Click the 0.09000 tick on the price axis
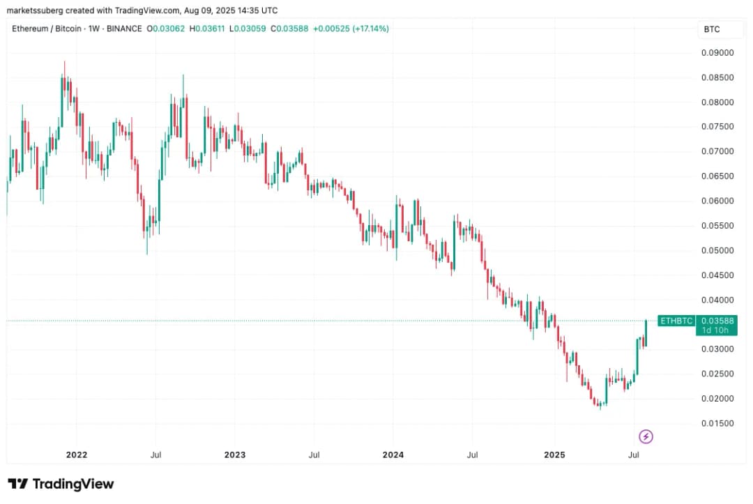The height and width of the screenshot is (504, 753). pos(717,52)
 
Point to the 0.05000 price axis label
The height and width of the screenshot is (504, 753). pos(717,250)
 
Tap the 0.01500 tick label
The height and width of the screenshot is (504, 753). pos(717,423)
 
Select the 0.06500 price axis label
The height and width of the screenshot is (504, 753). pos(717,176)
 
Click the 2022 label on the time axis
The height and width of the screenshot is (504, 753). pos(76,455)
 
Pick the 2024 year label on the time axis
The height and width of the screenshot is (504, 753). pos(393,455)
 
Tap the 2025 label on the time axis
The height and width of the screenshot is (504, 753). pos(554,455)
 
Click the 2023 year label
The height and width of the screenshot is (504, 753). pos(235,455)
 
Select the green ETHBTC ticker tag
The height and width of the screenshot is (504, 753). pos(676,321)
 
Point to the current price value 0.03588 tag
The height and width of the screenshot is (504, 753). pos(716,321)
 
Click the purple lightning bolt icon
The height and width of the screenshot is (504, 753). pos(646,437)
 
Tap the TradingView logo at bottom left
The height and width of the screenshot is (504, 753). pos(61,484)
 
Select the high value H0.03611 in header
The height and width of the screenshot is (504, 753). pos(212,29)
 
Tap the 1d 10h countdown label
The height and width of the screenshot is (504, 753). pos(716,330)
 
